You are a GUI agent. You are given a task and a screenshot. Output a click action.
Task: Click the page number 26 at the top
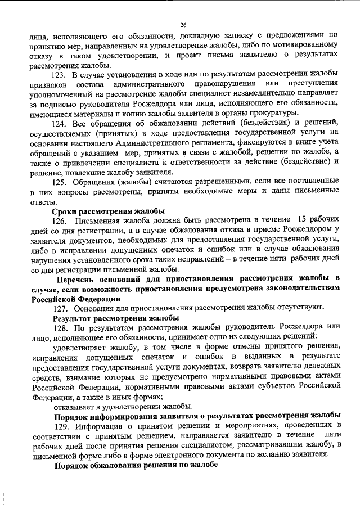[183, 25]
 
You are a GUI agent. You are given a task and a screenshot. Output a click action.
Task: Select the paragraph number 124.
[60, 123]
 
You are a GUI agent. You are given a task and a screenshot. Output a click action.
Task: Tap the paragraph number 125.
[60, 182]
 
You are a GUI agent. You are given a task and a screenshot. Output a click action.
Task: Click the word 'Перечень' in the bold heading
[79, 278]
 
